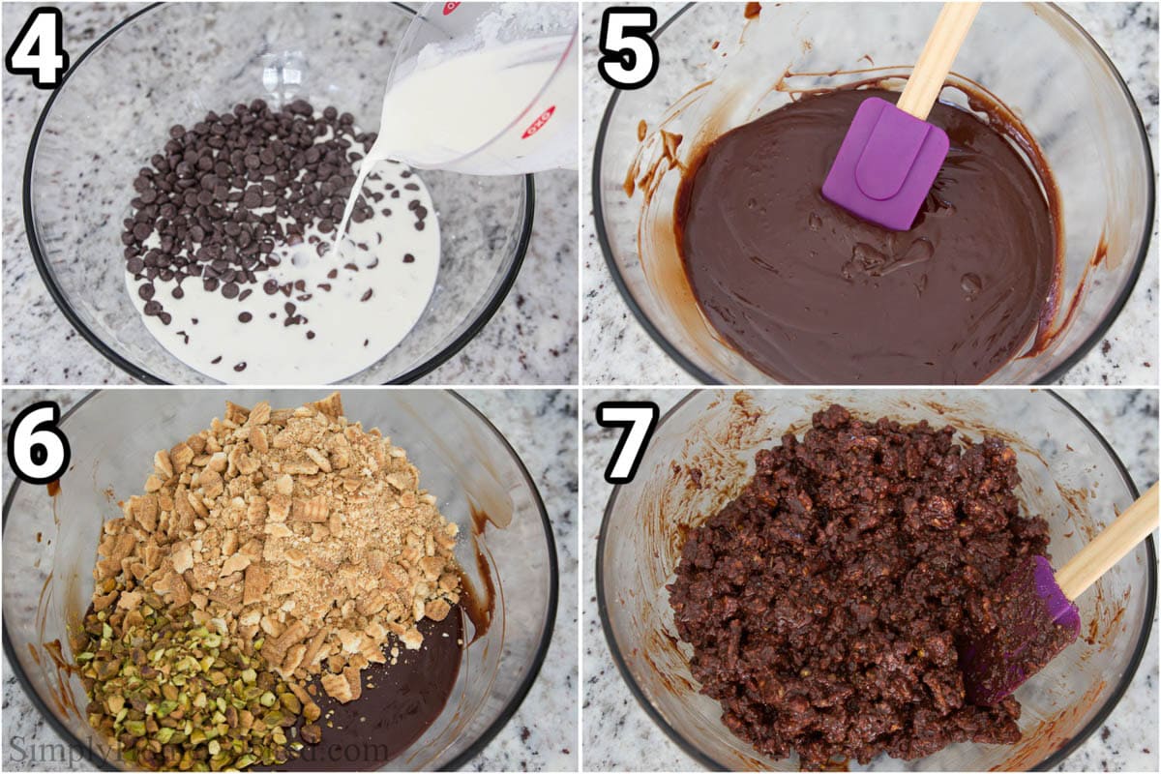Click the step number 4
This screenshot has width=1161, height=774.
(x=37, y=46)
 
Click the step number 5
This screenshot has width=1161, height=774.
(x=627, y=46)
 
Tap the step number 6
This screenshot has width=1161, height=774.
(x=39, y=441)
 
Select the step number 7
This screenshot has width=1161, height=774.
(x=627, y=441)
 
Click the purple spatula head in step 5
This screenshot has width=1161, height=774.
(x=882, y=163)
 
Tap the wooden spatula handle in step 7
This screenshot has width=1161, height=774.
(x=1113, y=542)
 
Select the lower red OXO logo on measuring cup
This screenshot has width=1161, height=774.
(x=538, y=122)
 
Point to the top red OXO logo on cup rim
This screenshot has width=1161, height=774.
(x=451, y=8)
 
